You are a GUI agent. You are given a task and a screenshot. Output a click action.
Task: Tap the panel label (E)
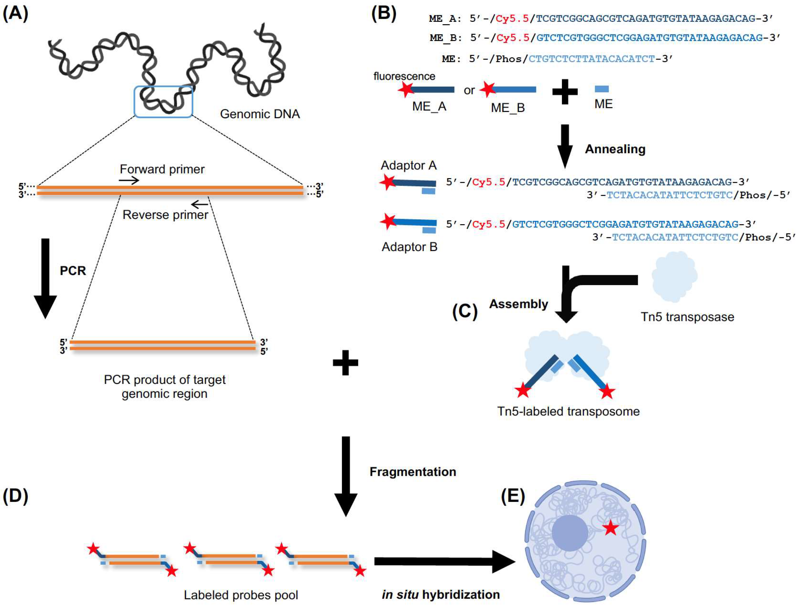[513, 496]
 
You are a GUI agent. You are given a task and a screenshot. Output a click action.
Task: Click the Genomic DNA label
[260, 114]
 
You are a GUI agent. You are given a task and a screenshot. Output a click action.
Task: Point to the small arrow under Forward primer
[129, 180]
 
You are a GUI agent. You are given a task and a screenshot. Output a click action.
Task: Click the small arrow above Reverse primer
[199, 205]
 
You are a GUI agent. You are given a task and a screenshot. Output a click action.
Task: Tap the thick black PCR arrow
[45, 279]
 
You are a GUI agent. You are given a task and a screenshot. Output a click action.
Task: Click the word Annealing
[615, 149]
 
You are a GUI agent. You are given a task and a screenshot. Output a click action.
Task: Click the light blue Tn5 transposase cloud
[674, 276]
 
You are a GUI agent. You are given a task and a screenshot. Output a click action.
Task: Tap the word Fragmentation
[413, 472]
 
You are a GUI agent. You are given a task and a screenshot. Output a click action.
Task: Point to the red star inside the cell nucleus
[611, 528]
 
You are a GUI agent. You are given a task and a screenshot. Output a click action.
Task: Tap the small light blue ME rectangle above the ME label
[602, 89]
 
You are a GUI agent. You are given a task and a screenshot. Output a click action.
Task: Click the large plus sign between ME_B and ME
[565, 92]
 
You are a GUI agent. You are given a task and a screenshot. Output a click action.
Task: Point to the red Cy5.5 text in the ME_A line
[512, 19]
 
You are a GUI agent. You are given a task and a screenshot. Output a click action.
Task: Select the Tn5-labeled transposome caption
[568, 411]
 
